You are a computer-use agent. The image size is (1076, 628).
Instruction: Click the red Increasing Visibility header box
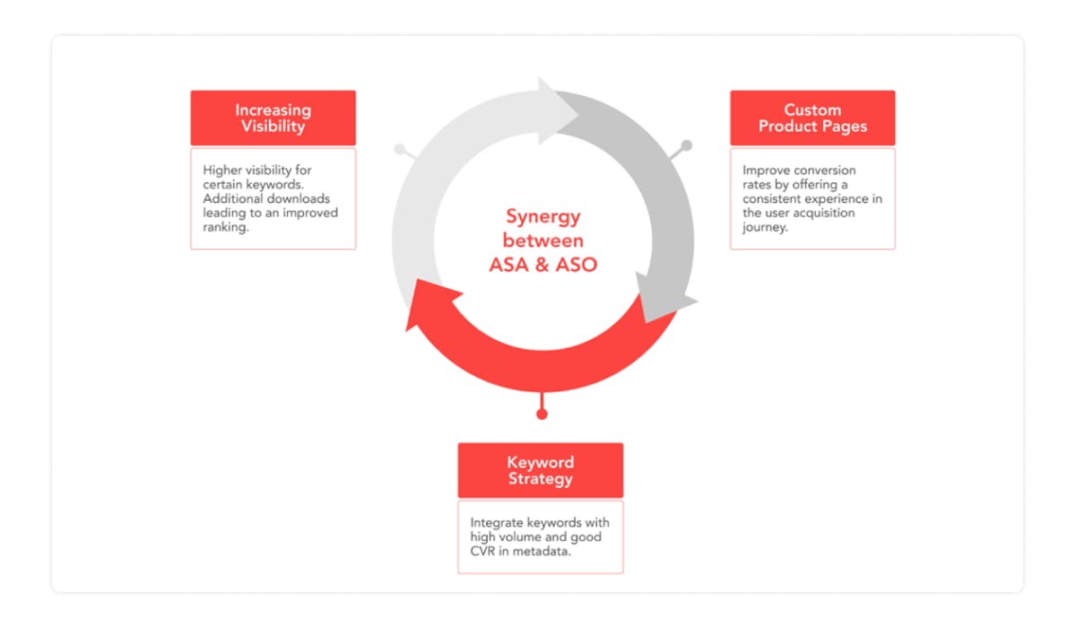coord(273,118)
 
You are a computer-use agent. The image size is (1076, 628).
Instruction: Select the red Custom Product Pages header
coord(812,118)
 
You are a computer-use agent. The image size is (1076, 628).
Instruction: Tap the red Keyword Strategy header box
coord(540,470)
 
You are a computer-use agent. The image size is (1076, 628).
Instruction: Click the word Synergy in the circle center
coord(543,216)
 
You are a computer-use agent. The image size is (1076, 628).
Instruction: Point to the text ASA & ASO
coord(543,265)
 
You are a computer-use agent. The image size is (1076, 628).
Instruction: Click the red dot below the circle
coord(541,414)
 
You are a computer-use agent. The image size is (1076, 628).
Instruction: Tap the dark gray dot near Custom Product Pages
coord(687,145)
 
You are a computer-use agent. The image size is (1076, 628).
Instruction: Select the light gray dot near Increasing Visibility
coord(400,149)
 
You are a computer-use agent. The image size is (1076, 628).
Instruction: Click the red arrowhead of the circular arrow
coord(428,305)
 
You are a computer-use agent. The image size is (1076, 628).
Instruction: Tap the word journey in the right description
coord(763,227)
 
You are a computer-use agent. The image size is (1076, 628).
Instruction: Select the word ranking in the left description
coord(224,227)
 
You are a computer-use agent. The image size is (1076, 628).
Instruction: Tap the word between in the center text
coord(543,240)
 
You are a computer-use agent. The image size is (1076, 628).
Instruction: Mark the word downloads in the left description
coord(299,198)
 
